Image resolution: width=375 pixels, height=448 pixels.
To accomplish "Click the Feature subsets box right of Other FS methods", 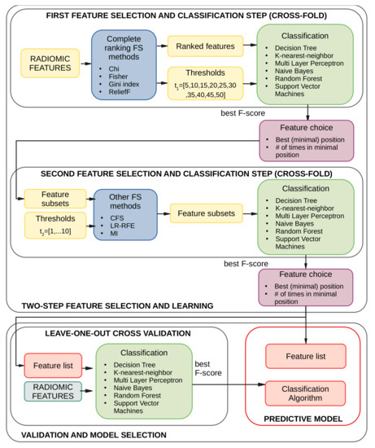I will coord(206,213).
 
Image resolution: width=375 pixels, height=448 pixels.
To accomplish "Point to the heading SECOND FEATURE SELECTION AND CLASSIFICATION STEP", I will coord(187,173).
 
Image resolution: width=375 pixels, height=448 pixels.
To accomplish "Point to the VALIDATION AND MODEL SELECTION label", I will coord(98,434).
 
